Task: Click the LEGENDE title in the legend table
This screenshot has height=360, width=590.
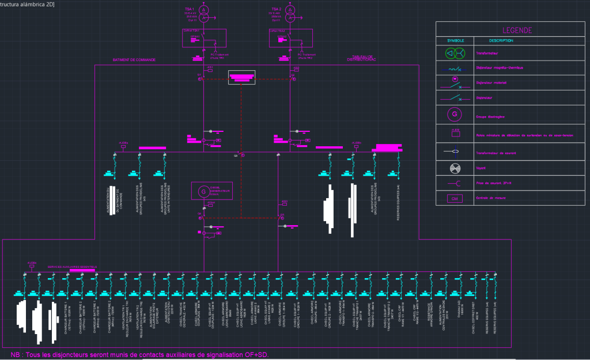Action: coord(517,31)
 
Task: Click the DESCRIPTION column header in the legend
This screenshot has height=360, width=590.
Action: coord(501,41)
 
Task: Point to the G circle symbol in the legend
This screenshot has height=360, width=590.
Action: coord(455,114)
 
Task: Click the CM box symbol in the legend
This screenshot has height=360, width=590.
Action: coord(455,199)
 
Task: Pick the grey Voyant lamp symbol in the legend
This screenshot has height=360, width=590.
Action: coord(455,168)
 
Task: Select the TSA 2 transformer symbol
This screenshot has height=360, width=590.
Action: coord(291,14)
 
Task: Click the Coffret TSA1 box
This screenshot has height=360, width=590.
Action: coord(204,38)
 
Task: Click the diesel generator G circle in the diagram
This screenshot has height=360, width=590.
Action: coord(202,191)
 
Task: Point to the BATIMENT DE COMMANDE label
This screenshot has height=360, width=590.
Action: coord(134,60)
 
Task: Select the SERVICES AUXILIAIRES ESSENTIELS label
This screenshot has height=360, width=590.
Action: coord(72,267)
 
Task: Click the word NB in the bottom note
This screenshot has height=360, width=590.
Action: coord(16,354)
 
